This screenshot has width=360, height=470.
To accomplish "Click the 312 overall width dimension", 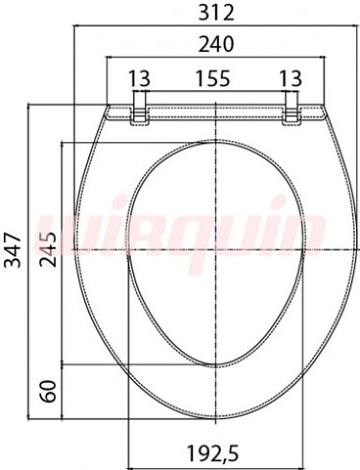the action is tap(216, 13).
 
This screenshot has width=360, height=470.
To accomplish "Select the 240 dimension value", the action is tap(216, 44).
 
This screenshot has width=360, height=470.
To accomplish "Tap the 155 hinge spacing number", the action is tap(212, 78).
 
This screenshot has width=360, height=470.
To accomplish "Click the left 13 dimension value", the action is tap(139, 78).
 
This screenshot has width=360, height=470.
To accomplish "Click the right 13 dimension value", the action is tap(291, 78).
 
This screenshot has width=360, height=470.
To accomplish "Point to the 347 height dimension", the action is tap(14, 250).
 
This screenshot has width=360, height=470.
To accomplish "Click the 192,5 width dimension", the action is tap(212, 453).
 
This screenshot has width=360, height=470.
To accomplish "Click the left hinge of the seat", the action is tap(140, 109).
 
